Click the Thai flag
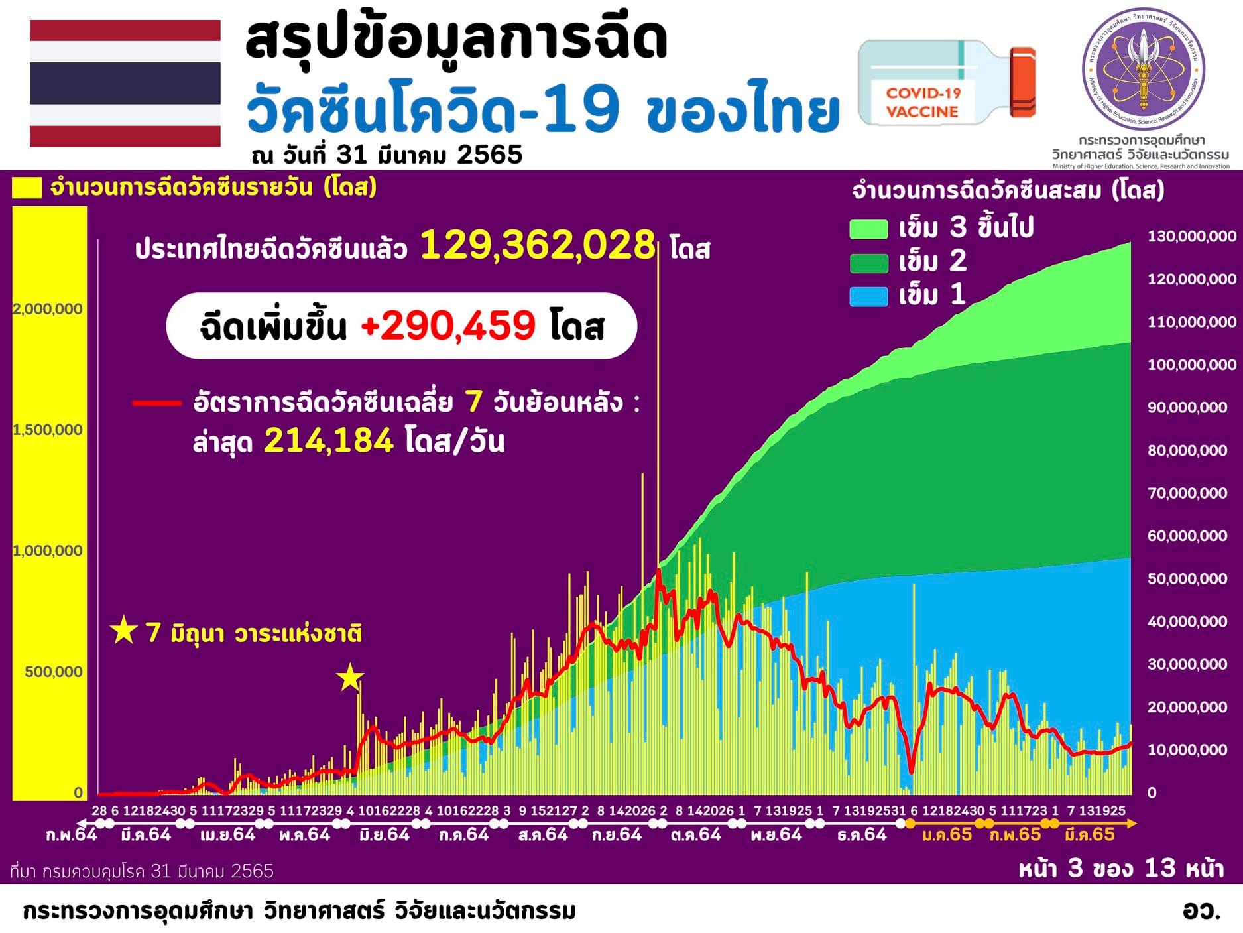[125, 83]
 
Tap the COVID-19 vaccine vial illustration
[946, 83]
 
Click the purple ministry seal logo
[1143, 70]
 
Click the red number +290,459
[448, 326]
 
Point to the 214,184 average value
[329, 440]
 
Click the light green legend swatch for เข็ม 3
[868, 229]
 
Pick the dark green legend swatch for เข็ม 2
[868, 263]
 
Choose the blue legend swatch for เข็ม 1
[868, 296]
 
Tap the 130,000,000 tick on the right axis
[1191, 236]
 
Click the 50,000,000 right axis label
[1187, 578]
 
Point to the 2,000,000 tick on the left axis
[48, 309]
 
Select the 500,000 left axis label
[54, 672]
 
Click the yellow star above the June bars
[350, 678]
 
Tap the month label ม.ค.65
[947, 834]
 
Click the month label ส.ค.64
[543, 834]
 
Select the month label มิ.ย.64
[385, 834]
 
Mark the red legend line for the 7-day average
[156, 403]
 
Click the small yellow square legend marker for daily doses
[27, 188]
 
